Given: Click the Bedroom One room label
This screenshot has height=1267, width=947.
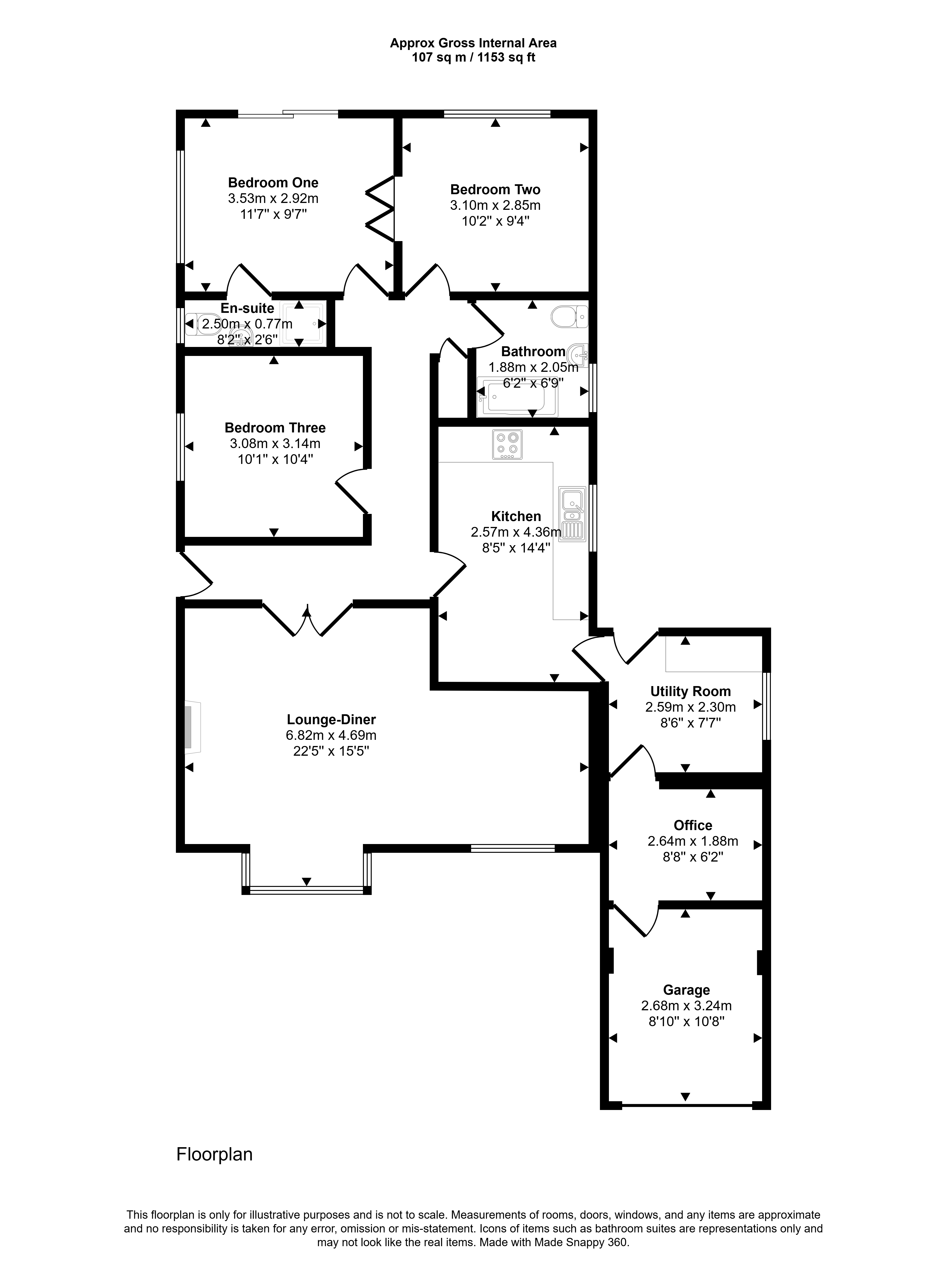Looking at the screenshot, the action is click(x=273, y=183).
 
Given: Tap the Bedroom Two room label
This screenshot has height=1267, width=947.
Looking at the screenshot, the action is click(x=495, y=190).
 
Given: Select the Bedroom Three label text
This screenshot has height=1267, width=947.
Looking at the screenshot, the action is click(x=275, y=428).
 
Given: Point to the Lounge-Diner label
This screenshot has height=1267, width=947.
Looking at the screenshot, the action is click(x=331, y=719).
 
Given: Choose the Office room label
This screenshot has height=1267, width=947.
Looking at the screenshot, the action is click(x=693, y=825).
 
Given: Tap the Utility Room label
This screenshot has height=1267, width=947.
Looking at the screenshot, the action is click(x=691, y=691).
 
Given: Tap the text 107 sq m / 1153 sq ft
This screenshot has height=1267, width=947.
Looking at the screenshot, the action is click(x=473, y=57).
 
